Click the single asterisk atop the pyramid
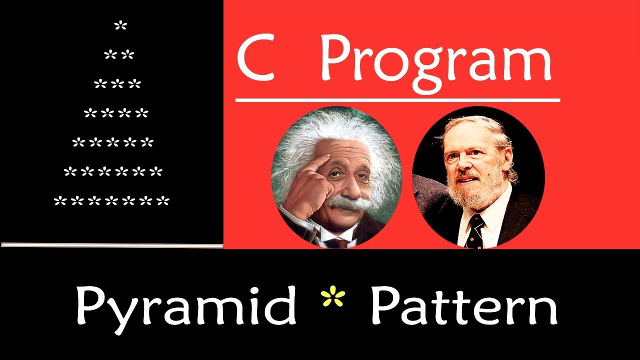(120, 25)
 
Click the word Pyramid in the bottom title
(186, 306)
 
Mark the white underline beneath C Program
(397, 100)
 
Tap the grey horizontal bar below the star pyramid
(112, 245)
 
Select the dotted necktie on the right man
(473, 230)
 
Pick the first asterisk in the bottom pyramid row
(59, 201)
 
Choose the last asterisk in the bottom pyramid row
(163, 201)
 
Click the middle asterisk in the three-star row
(117, 84)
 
